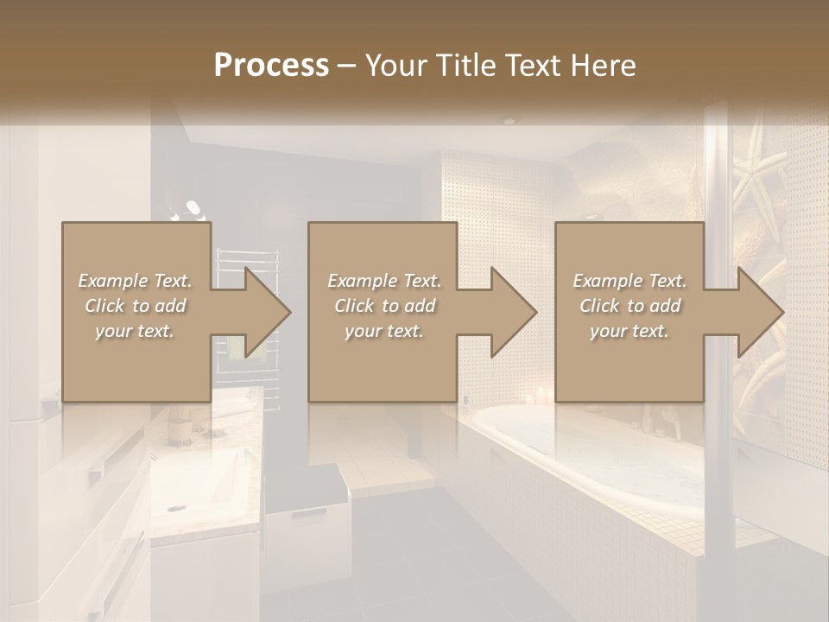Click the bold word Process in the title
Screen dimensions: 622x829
click(271, 66)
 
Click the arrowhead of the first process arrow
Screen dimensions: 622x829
click(267, 312)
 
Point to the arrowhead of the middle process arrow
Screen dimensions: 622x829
click(513, 312)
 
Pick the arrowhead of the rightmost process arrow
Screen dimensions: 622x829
click(760, 312)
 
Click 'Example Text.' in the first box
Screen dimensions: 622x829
click(135, 281)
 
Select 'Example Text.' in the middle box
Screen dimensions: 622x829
click(383, 281)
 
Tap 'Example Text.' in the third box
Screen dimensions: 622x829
click(630, 281)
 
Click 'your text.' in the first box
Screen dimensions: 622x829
click(135, 331)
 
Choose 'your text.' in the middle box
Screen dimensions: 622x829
click(383, 331)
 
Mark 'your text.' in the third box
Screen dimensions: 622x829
click(630, 331)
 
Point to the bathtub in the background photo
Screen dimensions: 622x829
click(587, 458)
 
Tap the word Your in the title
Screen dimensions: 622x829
click(392, 66)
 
